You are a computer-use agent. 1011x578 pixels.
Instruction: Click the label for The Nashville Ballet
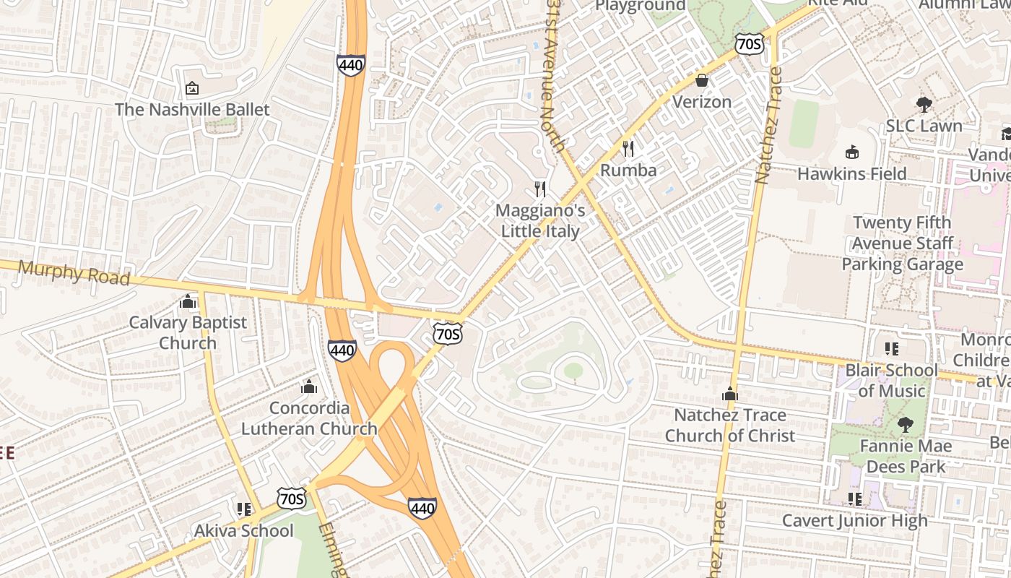(x=192, y=110)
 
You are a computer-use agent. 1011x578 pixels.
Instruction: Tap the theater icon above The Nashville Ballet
(x=192, y=89)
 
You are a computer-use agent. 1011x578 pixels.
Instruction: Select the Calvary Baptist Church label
(x=188, y=332)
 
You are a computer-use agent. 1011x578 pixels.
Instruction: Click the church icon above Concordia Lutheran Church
(x=309, y=387)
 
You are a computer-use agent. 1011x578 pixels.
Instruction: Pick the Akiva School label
(x=244, y=531)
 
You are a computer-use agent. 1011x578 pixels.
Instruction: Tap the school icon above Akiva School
(x=244, y=509)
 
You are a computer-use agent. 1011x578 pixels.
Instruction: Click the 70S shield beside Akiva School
(x=291, y=498)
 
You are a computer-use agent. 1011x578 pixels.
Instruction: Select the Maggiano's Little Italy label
(x=540, y=220)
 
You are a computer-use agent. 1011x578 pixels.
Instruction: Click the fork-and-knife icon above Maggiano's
(x=540, y=189)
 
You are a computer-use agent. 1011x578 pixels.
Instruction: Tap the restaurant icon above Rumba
(x=628, y=149)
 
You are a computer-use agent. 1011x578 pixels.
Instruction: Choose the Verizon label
(x=702, y=102)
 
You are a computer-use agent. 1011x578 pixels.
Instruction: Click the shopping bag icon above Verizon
(x=702, y=80)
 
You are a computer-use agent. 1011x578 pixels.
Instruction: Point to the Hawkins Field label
(x=852, y=174)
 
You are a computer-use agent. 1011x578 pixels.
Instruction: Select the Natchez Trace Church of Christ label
(x=730, y=426)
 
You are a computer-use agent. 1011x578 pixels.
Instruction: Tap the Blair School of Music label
(x=892, y=381)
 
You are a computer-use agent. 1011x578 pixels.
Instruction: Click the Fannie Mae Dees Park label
(x=906, y=456)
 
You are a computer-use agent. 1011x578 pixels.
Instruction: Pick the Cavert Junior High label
(x=855, y=521)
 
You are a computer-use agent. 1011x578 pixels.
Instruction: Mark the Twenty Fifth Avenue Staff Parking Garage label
(x=903, y=243)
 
